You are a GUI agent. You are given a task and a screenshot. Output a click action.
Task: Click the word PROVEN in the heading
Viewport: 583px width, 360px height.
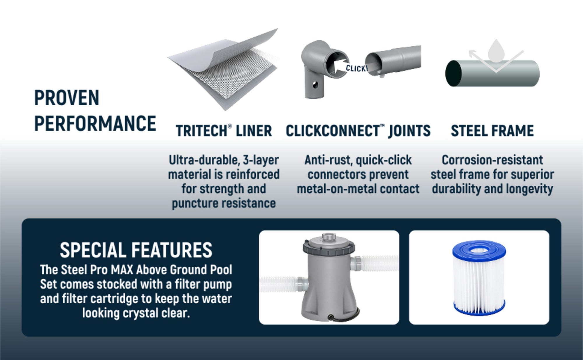[x=67, y=98]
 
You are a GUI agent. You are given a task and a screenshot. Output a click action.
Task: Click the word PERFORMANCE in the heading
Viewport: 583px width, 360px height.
[x=95, y=123]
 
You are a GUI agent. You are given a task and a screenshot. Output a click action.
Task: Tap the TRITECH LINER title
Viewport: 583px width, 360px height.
[x=224, y=131]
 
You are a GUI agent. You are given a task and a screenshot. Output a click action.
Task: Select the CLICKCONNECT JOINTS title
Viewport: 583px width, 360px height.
[x=358, y=131]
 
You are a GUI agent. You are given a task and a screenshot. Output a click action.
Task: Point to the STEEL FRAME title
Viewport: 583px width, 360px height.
[x=492, y=131]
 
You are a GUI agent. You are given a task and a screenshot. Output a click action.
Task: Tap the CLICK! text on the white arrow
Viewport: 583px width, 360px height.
[x=357, y=68]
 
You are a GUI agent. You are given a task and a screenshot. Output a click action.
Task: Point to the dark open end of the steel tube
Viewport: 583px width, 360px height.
[x=454, y=73]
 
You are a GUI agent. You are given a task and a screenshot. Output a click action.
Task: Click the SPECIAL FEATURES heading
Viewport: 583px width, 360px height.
[x=136, y=250]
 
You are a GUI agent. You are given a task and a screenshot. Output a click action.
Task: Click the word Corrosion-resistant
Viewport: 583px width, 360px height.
[x=492, y=160]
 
